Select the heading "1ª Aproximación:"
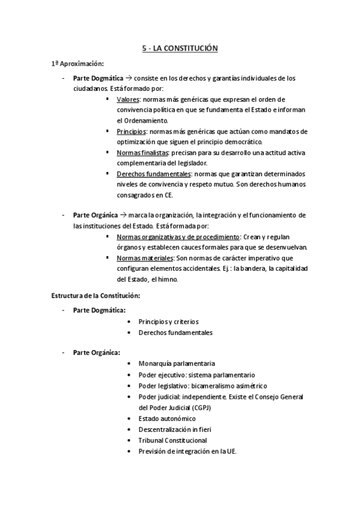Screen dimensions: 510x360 [78, 63]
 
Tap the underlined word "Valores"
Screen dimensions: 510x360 [128, 99]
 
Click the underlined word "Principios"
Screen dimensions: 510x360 [131, 131]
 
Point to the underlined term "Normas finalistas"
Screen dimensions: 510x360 [142, 153]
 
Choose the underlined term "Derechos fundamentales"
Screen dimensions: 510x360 [153, 174]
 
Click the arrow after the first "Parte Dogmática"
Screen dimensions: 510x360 [129, 78]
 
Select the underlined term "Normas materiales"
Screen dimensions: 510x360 [141, 258]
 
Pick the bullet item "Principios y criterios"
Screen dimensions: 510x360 [168, 322]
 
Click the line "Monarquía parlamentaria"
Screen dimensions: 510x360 [177, 364]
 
